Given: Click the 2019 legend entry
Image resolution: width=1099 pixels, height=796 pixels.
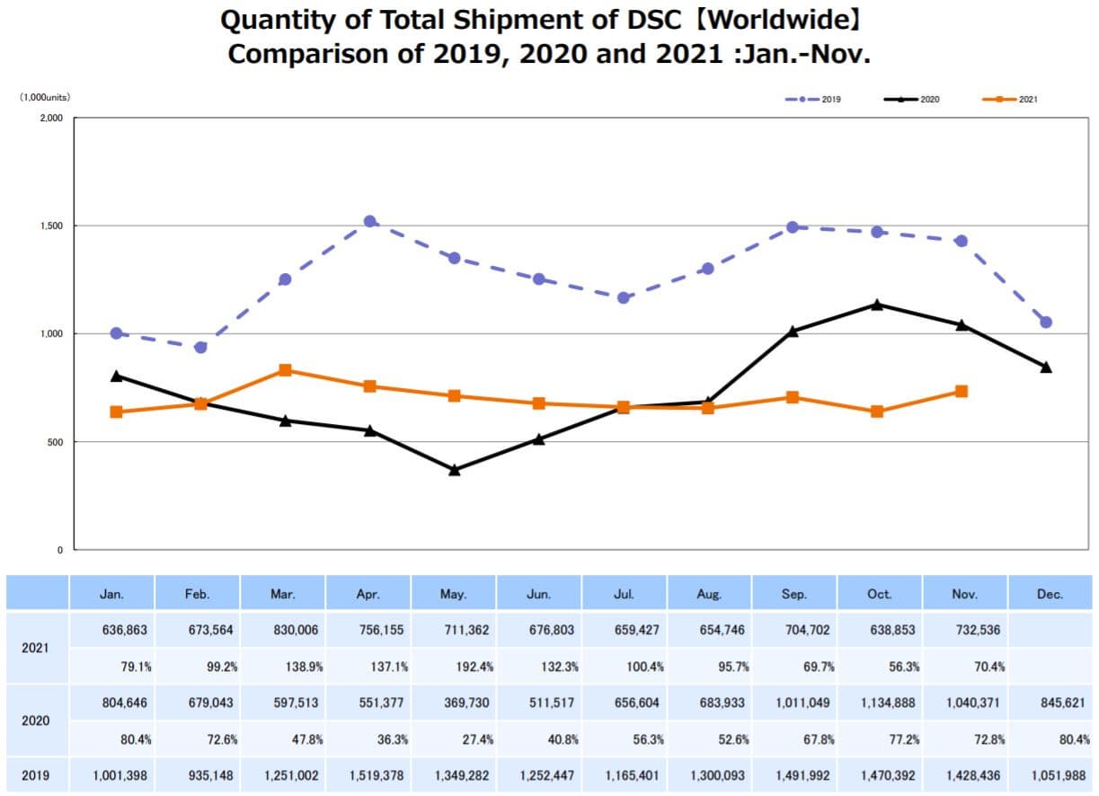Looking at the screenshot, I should pos(812,99).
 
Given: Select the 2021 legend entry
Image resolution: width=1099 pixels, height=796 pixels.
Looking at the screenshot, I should pos(1012,99).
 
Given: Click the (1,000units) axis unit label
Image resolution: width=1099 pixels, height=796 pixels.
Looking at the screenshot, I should pos(45,97).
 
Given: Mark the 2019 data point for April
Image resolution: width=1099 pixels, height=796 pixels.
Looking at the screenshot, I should pos(370,221).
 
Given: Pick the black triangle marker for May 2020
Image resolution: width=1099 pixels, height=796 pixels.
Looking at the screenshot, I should pos(455,469).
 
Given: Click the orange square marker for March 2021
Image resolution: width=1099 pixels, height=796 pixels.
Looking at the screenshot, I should pos(285,370).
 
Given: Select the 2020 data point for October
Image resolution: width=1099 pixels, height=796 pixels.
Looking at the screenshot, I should pos(877,305).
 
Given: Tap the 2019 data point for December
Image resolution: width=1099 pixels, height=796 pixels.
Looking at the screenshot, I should pos(1046,322).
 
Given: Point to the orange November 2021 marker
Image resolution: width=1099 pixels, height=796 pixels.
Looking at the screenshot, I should pos(962,391).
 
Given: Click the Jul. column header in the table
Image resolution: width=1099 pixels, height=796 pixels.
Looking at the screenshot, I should pos(625,594).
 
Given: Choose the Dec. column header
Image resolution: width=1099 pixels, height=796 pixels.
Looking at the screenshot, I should pos(1049,594).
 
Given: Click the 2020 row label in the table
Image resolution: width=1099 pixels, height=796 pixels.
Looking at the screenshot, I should pos(37,721).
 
